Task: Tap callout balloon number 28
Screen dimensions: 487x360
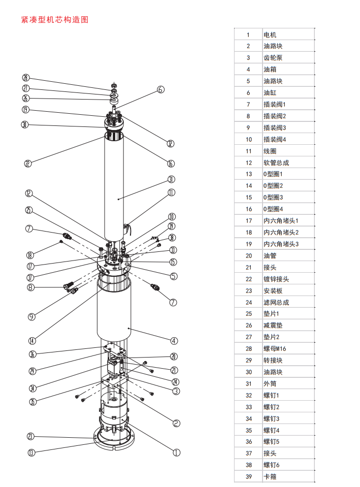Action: (x=26, y=78)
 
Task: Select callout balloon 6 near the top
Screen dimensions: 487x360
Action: (x=160, y=89)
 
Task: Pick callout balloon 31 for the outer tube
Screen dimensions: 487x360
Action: (x=171, y=179)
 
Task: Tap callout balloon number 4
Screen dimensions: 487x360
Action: (x=174, y=341)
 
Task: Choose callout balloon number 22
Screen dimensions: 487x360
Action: (x=28, y=163)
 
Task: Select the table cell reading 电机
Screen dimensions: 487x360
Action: (x=270, y=35)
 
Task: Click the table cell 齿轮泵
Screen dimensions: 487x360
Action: (x=273, y=58)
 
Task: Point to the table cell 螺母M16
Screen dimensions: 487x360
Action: (x=275, y=348)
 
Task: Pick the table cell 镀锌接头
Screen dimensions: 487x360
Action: (x=276, y=279)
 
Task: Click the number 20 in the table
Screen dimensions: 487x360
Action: (x=248, y=255)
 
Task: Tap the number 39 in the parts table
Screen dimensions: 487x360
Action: (x=248, y=476)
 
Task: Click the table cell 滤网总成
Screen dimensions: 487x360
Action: (x=276, y=302)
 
